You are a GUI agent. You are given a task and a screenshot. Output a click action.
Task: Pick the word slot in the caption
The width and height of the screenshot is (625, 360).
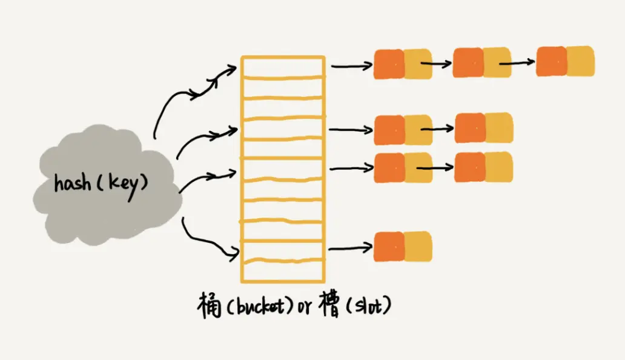pyautogui.click(x=368, y=307)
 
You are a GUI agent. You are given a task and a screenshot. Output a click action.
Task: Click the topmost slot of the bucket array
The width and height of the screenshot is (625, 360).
pyautogui.click(x=283, y=67)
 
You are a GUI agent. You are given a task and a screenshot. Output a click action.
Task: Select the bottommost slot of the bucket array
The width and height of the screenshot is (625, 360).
pyautogui.click(x=283, y=272)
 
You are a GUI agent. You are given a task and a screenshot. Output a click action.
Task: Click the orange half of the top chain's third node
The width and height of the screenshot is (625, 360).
pyautogui.click(x=551, y=62)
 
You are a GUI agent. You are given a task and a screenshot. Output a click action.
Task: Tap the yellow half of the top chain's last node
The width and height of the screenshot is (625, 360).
pyautogui.click(x=580, y=61)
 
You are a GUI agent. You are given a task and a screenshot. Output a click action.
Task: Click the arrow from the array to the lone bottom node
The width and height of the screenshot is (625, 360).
pyautogui.click(x=350, y=247)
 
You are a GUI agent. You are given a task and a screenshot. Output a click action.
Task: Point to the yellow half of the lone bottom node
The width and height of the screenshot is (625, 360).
pyautogui.click(x=418, y=247)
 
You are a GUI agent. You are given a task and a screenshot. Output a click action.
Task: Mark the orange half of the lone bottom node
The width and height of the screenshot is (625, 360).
pyautogui.click(x=389, y=247)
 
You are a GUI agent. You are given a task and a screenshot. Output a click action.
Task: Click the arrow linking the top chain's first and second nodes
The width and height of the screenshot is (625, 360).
pyautogui.click(x=436, y=63)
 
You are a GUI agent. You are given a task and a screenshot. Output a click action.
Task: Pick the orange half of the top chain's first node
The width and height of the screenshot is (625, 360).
pyautogui.click(x=388, y=64)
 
